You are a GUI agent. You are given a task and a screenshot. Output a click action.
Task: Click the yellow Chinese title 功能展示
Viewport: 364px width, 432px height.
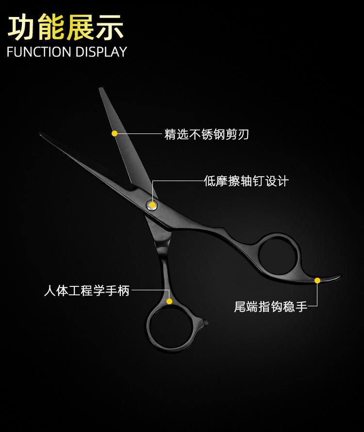tap(66, 27)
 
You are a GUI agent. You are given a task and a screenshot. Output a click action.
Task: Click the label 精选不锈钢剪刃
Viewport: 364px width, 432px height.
tap(206, 134)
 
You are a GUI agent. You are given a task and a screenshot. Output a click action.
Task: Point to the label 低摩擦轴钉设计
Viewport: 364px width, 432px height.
tap(246, 181)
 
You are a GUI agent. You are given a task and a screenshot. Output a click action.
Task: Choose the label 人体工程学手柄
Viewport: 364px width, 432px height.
tap(86, 291)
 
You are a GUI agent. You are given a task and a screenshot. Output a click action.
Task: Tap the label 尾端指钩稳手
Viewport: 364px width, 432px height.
tap(270, 307)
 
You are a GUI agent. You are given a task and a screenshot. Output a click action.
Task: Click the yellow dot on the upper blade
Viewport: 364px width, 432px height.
tap(115, 133)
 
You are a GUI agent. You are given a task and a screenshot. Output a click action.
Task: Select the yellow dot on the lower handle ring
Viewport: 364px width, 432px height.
tap(169, 301)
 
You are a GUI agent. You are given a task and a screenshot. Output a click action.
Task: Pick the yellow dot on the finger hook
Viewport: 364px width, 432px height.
tap(317, 280)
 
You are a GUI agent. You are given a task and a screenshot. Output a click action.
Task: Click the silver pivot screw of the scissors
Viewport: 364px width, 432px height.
tap(151, 205)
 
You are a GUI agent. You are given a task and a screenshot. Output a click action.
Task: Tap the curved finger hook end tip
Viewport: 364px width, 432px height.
tap(340, 276)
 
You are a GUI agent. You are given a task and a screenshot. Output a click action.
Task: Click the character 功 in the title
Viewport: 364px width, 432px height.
tap(22, 27)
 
